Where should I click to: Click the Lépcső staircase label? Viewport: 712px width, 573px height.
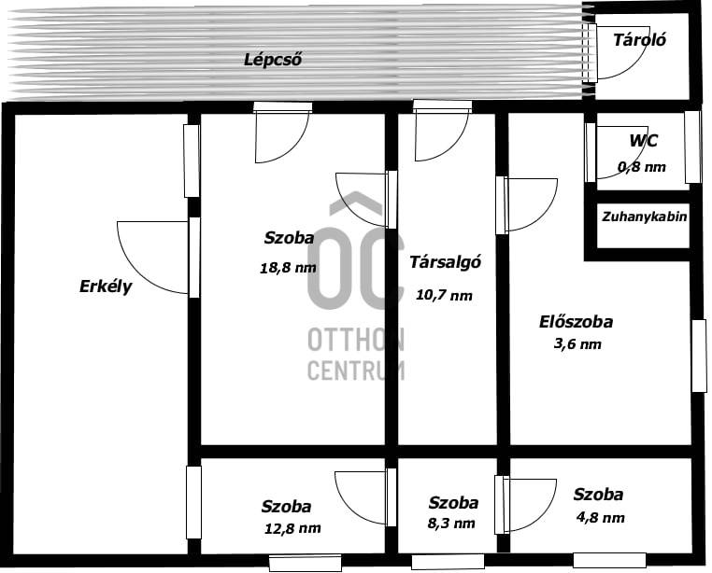pyautogui.click(x=273, y=60)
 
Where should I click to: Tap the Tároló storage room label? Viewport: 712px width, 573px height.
pyautogui.click(x=639, y=40)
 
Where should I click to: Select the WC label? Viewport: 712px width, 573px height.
pyautogui.click(x=643, y=141)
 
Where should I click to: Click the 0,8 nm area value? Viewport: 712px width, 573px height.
pyautogui.click(x=642, y=167)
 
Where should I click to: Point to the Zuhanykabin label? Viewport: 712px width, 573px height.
pyautogui.click(x=645, y=217)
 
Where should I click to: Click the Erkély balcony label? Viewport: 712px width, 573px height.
pyautogui.click(x=106, y=286)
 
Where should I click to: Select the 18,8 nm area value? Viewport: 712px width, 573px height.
pyautogui.click(x=288, y=268)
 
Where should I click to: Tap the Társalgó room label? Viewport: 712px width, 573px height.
pyautogui.click(x=445, y=262)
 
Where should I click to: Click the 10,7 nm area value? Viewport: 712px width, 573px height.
pyautogui.click(x=444, y=295)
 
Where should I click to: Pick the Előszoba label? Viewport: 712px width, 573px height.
pyautogui.click(x=576, y=322)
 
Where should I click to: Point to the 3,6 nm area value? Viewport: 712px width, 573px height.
pyautogui.click(x=577, y=343)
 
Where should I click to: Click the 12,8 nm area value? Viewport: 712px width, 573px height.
pyautogui.click(x=292, y=528)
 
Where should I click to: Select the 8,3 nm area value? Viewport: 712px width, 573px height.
pyautogui.click(x=451, y=524)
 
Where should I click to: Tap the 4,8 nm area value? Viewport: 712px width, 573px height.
pyautogui.click(x=600, y=518)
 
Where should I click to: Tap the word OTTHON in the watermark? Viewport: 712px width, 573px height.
pyautogui.click(x=356, y=340)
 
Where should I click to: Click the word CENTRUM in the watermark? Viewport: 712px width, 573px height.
pyautogui.click(x=356, y=370)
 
